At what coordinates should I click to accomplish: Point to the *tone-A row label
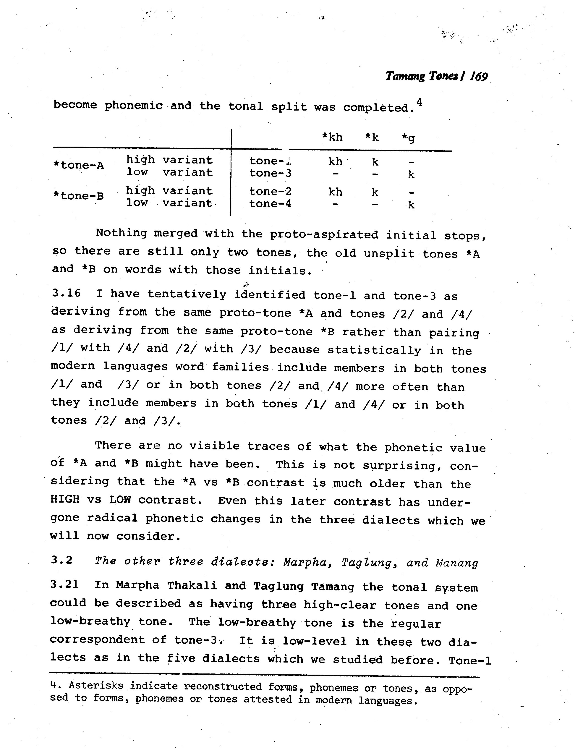pyautogui.click(x=79, y=165)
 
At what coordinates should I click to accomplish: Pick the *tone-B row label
pyautogui.click(x=79, y=196)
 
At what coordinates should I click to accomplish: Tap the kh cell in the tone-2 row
pyautogui.click(x=335, y=192)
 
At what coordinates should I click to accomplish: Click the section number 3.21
pyautogui.click(x=65, y=584)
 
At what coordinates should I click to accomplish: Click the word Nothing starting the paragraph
pyautogui.click(x=121, y=233)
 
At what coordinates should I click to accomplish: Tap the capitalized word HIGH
pyautogui.click(x=65, y=499)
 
